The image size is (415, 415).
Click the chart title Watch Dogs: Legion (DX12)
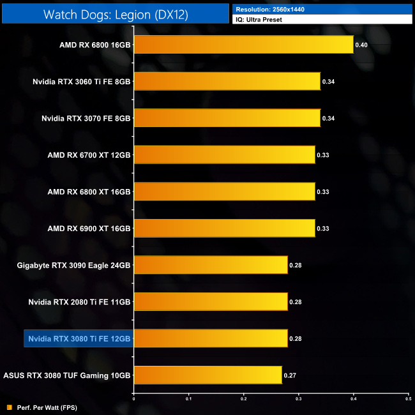point(116,14)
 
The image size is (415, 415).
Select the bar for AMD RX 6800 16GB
point(243,45)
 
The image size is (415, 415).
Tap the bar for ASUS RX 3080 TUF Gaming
point(207,375)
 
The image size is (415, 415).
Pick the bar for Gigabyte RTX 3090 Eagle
point(210,264)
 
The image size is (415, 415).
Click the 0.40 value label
point(361,45)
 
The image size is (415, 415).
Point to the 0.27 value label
point(290,375)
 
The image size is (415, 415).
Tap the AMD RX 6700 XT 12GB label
point(89,155)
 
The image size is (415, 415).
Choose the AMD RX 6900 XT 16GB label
point(89,229)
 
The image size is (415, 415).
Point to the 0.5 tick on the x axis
point(408,399)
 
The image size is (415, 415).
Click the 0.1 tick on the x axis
point(188,399)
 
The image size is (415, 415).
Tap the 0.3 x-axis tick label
point(298,399)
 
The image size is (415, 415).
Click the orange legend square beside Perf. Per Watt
point(8,407)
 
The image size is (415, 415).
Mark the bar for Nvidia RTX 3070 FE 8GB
point(226,118)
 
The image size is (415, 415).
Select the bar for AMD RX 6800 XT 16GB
point(223,192)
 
